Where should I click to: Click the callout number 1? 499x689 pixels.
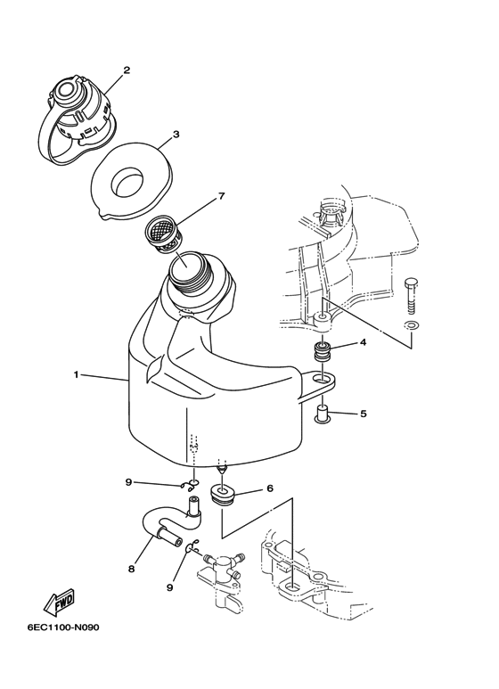click(x=76, y=374)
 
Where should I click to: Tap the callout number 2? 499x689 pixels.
click(x=127, y=70)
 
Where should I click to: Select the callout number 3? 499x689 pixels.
click(x=176, y=135)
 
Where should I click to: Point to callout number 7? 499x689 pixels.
click(x=221, y=196)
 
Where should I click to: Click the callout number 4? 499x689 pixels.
click(x=364, y=342)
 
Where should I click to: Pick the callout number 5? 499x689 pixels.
click(x=364, y=414)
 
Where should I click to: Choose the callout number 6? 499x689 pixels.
click(x=270, y=488)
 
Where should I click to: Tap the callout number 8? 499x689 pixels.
click(x=131, y=569)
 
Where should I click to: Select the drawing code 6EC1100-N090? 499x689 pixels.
click(x=63, y=627)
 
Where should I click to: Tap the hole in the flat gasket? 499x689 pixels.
click(x=127, y=183)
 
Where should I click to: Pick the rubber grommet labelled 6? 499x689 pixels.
click(x=224, y=495)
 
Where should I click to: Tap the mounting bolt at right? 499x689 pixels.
click(x=411, y=296)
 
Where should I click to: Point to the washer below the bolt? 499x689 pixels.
click(x=412, y=325)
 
